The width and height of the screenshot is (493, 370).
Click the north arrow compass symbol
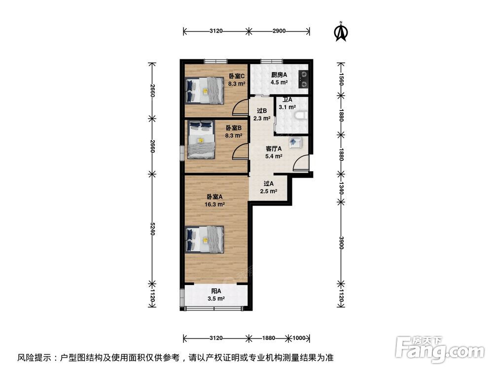pyautogui.click(x=340, y=31)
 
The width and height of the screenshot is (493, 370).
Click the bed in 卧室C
pyautogui.click(x=204, y=90)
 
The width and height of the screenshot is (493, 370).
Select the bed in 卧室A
pyautogui.click(x=204, y=239)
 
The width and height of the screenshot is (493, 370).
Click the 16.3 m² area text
pyautogui.click(x=215, y=204)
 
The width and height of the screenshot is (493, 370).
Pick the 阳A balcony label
pyautogui.click(x=216, y=292)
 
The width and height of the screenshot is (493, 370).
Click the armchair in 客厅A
pyautogui.click(x=295, y=143)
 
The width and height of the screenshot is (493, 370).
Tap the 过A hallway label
pyautogui.click(x=269, y=184)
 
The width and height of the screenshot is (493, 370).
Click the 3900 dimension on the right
pyautogui.click(x=340, y=243)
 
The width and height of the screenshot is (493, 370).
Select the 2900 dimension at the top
pyautogui.click(x=279, y=31)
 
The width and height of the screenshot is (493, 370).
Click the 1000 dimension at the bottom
pyautogui.click(x=298, y=338)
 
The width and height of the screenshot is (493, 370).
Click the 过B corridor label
pyautogui.click(x=262, y=111)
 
